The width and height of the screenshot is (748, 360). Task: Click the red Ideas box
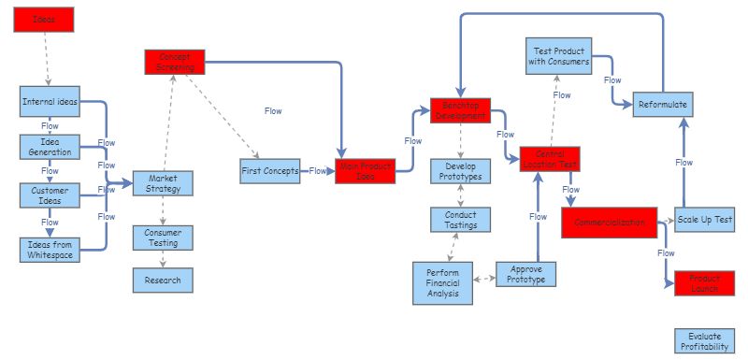coord(44,20)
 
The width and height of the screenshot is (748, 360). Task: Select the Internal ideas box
coord(50,101)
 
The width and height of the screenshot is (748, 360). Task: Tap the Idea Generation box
coord(50,147)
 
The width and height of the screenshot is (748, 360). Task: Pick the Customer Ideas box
coord(50,194)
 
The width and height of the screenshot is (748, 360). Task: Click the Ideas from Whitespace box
coord(50,250)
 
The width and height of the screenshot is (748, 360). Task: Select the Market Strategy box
coord(163,183)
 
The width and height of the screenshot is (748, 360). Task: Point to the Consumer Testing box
coord(163,238)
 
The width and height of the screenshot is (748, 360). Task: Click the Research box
coord(163,280)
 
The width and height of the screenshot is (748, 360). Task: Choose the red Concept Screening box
coord(174,62)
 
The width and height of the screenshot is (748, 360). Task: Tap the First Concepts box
coord(270,171)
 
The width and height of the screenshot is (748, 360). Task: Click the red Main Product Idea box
coord(366,171)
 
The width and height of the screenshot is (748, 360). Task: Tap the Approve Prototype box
coord(525,274)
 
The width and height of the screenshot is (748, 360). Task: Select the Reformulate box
coord(663,105)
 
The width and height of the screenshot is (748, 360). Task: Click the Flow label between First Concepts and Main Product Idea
coord(319,171)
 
